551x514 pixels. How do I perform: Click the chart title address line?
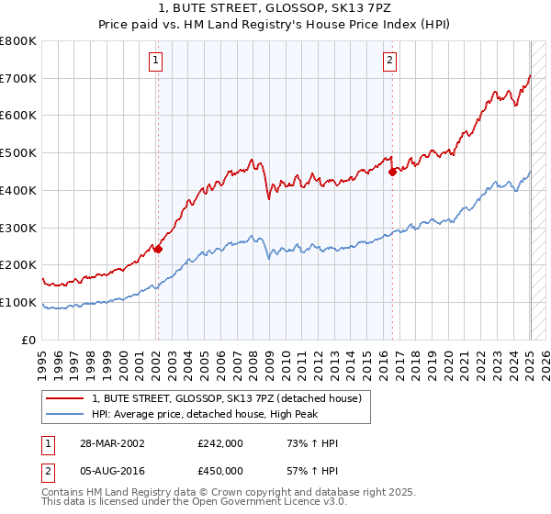point(275,8)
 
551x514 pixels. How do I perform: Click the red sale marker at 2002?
point(158,249)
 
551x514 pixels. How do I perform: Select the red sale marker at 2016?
point(392,171)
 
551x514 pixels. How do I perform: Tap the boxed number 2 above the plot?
point(389,61)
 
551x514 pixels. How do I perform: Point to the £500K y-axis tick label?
point(18,153)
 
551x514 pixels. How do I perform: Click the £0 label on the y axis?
point(28,340)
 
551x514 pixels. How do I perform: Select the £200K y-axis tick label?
point(18,265)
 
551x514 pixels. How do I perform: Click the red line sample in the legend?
point(65,398)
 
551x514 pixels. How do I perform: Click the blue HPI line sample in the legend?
point(65,414)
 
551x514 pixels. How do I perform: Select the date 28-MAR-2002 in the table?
point(110,444)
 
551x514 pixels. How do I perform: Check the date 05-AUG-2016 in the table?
point(111,470)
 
